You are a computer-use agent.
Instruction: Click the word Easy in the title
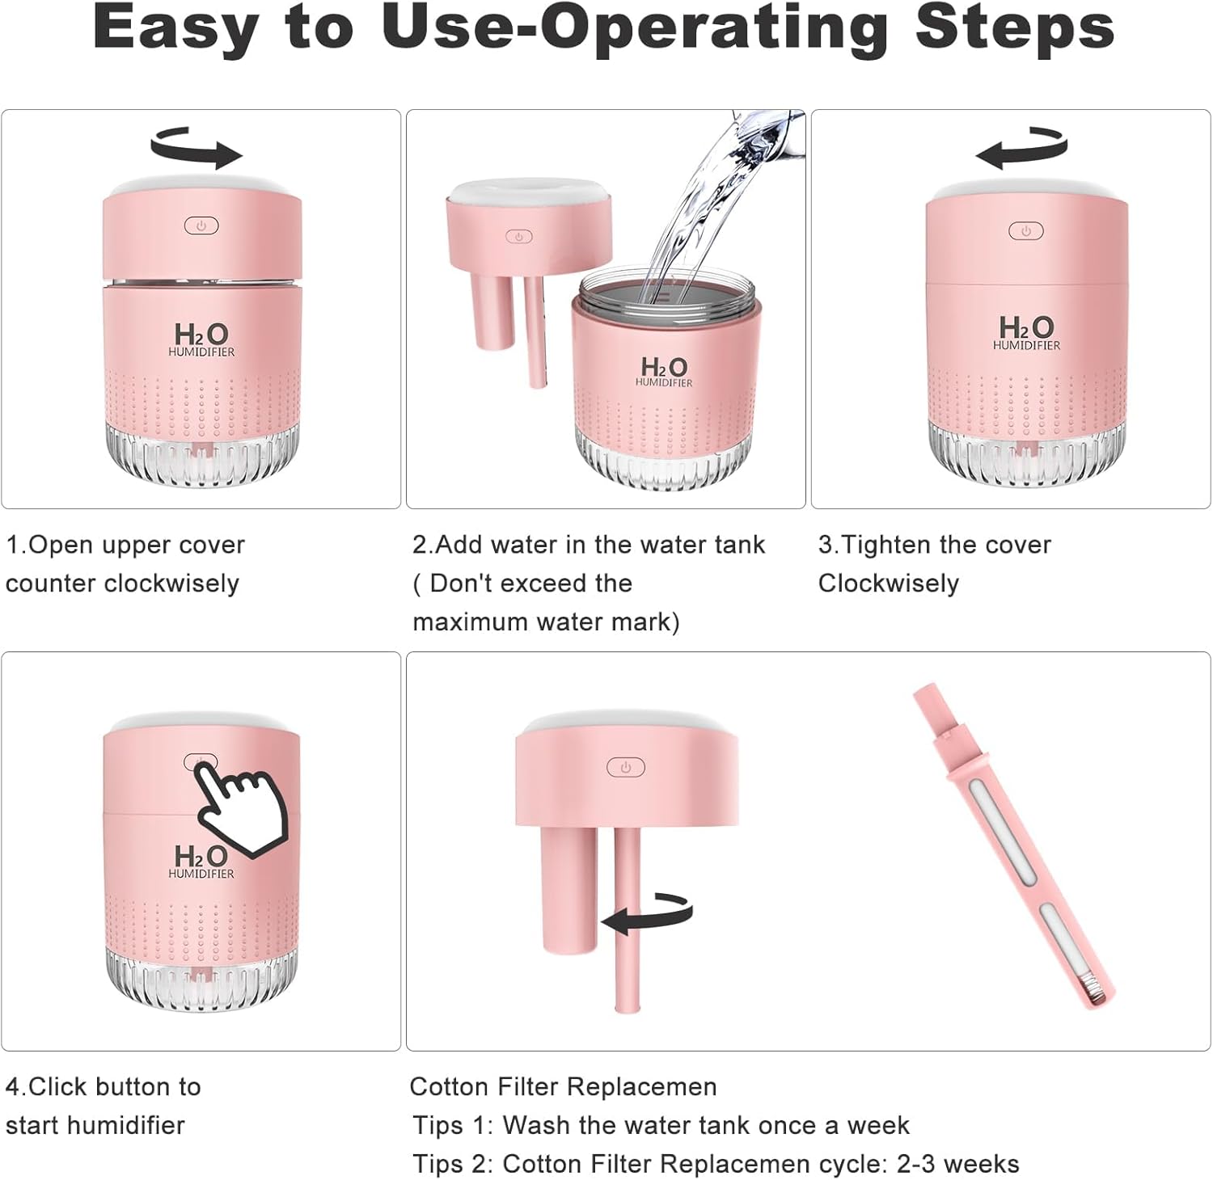tap(174, 28)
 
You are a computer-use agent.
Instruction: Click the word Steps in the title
tap(1015, 28)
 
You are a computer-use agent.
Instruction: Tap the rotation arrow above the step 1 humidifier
tap(197, 147)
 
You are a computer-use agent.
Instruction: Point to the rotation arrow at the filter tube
tap(647, 914)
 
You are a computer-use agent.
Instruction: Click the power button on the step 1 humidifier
tap(201, 225)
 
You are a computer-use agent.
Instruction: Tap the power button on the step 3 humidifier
tap(1025, 231)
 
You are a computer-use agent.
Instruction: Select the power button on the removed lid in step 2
tap(519, 237)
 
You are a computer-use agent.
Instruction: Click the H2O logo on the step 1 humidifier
tap(201, 339)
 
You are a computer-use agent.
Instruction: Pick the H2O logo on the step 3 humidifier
tap(1026, 332)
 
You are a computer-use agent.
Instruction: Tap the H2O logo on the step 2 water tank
tap(664, 372)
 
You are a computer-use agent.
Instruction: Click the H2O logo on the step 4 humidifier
tap(201, 861)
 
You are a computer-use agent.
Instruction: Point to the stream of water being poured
tap(712, 210)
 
